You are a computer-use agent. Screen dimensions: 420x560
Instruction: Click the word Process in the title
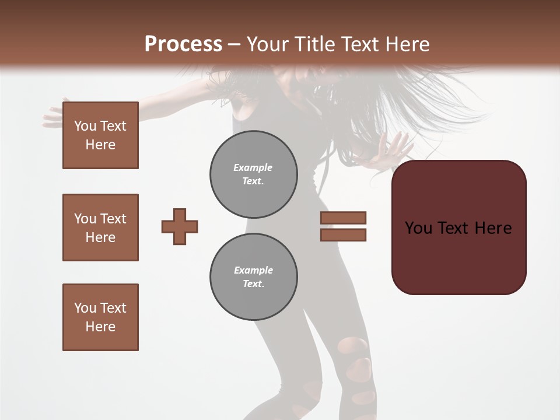tap(183, 44)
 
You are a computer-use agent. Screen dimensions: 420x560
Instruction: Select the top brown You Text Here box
tap(100, 135)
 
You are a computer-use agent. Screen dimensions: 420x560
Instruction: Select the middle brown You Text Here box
tap(100, 228)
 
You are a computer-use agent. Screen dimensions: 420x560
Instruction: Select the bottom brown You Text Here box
tap(100, 317)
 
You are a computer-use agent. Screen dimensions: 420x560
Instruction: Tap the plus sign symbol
tap(180, 226)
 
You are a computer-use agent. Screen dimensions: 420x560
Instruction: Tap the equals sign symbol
tap(343, 226)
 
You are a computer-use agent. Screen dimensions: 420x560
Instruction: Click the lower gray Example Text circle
tap(253, 276)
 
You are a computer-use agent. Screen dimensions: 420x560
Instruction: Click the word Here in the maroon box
tap(493, 228)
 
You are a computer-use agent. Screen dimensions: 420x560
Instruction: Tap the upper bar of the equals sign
tap(343, 218)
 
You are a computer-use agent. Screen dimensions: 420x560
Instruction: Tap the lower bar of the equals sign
tap(343, 235)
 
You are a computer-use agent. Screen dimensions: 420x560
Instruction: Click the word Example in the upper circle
tap(253, 167)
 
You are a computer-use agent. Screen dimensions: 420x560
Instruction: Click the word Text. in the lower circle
tap(253, 283)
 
